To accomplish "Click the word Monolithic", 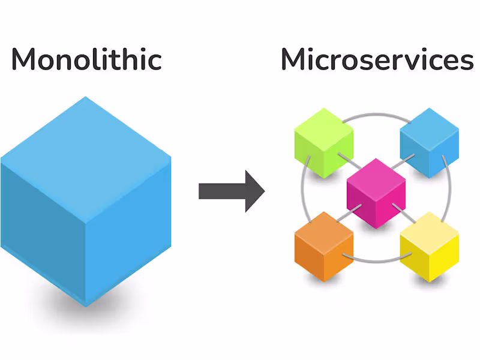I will point(86,60).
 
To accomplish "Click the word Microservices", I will point(376,60).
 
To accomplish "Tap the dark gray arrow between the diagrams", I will point(231,191).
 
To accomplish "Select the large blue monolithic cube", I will point(86,204).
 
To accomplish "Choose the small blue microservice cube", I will point(429,143).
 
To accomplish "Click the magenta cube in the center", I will point(376,194).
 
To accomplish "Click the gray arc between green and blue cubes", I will point(376,113).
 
